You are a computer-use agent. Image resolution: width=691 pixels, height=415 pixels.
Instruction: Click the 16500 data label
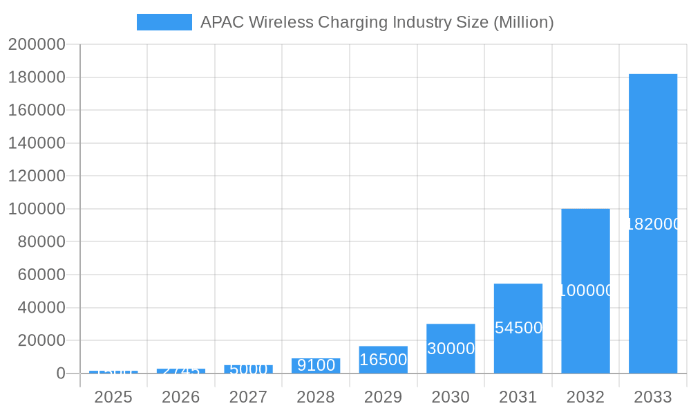384,360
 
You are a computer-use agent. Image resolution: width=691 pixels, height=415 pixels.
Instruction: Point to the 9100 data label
316,365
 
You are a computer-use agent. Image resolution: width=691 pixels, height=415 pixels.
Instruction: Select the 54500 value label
518,328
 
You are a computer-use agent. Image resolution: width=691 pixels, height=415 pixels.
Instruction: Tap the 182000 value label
653,224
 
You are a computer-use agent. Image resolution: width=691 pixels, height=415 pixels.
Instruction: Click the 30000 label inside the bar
451,349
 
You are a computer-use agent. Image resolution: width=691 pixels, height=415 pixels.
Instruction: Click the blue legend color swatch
164,22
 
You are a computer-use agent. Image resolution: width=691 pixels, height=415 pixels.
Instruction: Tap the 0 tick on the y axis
61,373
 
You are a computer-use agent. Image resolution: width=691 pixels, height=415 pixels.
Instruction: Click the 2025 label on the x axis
113,397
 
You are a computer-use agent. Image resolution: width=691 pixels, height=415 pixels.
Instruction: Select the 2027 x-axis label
248,397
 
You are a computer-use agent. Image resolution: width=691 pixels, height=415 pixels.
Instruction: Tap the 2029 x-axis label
384,397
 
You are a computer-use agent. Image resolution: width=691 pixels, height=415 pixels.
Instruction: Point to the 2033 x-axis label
653,397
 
